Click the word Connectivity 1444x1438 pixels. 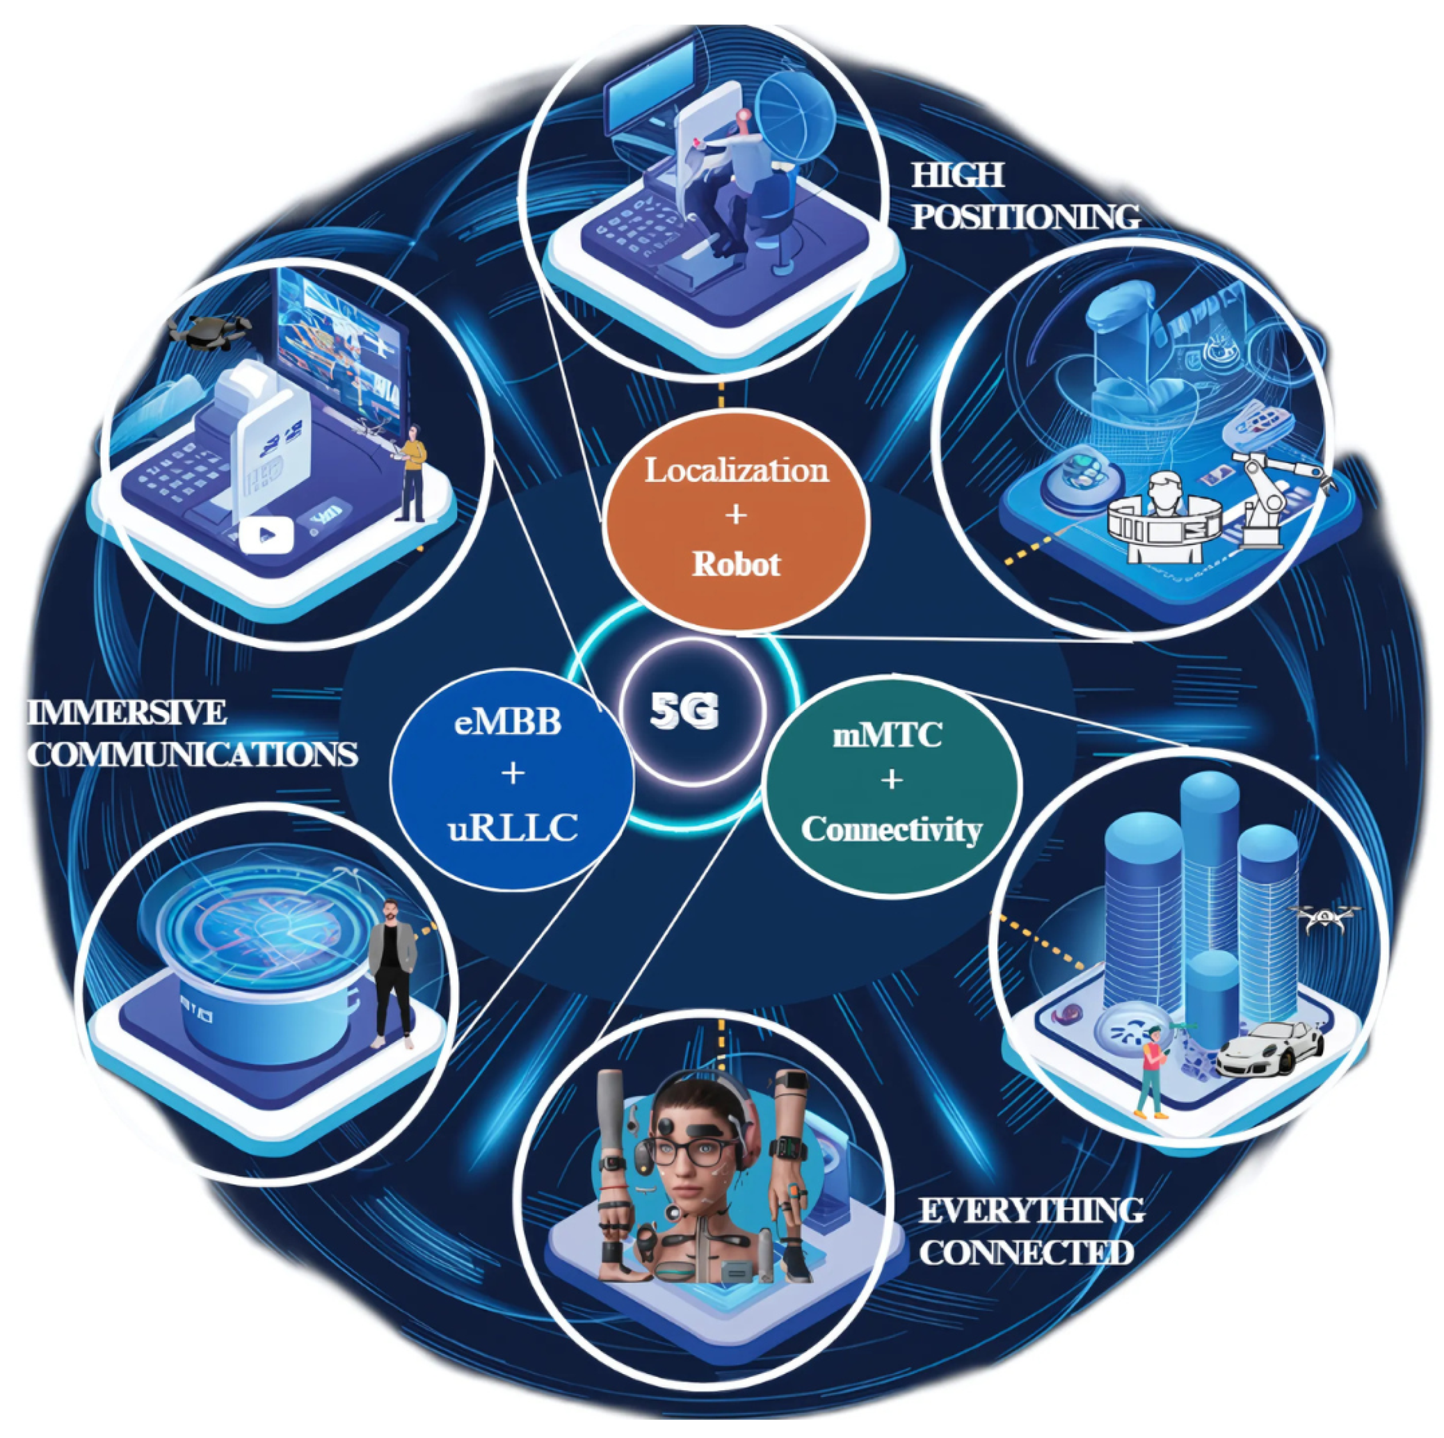click(x=891, y=829)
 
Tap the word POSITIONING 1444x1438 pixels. click(x=1026, y=217)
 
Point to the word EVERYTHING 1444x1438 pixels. click(x=1031, y=1209)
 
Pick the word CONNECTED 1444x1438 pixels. click(x=1026, y=1252)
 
